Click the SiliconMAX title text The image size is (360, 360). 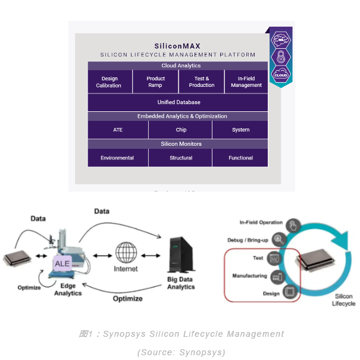tap(177, 45)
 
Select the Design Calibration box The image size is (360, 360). tap(109, 82)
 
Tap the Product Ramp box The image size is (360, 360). tap(155, 82)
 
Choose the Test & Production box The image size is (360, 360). tap(202, 82)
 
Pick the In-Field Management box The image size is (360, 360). tap(246, 82)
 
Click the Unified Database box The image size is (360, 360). tap(179, 102)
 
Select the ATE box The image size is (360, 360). tap(118, 130)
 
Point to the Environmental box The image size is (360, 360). tap(117, 158)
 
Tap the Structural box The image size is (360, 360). tap(181, 158)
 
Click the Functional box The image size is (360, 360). tap(240, 158)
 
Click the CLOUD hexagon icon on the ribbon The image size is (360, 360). tap(281, 74)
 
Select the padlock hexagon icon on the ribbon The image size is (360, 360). tap(281, 57)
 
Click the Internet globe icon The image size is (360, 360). tap(126, 253)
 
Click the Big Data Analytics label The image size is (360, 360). tap(181, 283)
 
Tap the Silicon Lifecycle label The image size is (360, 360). tap(343, 299)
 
